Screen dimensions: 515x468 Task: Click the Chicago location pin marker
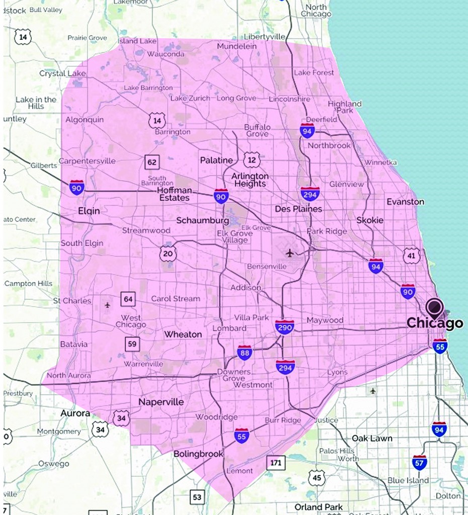[434, 307]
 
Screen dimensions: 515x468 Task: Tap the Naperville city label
[161, 402]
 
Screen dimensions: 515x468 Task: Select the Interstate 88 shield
[245, 353]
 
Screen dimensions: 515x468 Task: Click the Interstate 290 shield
[285, 327]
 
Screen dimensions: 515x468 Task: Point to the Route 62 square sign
[152, 162]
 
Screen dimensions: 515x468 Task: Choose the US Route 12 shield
[252, 159]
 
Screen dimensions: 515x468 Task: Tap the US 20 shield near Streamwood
[168, 253]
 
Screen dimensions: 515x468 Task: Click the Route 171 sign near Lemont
[276, 462]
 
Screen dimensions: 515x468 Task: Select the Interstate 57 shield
[420, 462]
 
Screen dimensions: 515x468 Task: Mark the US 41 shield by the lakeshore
[411, 255]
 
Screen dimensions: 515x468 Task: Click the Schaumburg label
[202, 221]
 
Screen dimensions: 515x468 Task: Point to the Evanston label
[405, 202]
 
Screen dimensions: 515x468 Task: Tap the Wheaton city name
[183, 334]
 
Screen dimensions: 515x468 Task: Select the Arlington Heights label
[250, 180]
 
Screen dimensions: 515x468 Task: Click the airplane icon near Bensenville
[289, 252]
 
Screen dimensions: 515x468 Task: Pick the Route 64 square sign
[128, 299]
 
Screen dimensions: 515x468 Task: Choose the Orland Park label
[319, 506]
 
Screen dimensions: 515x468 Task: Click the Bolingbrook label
[198, 454]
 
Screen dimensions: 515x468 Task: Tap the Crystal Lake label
[62, 73]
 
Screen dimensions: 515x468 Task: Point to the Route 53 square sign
[197, 497]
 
